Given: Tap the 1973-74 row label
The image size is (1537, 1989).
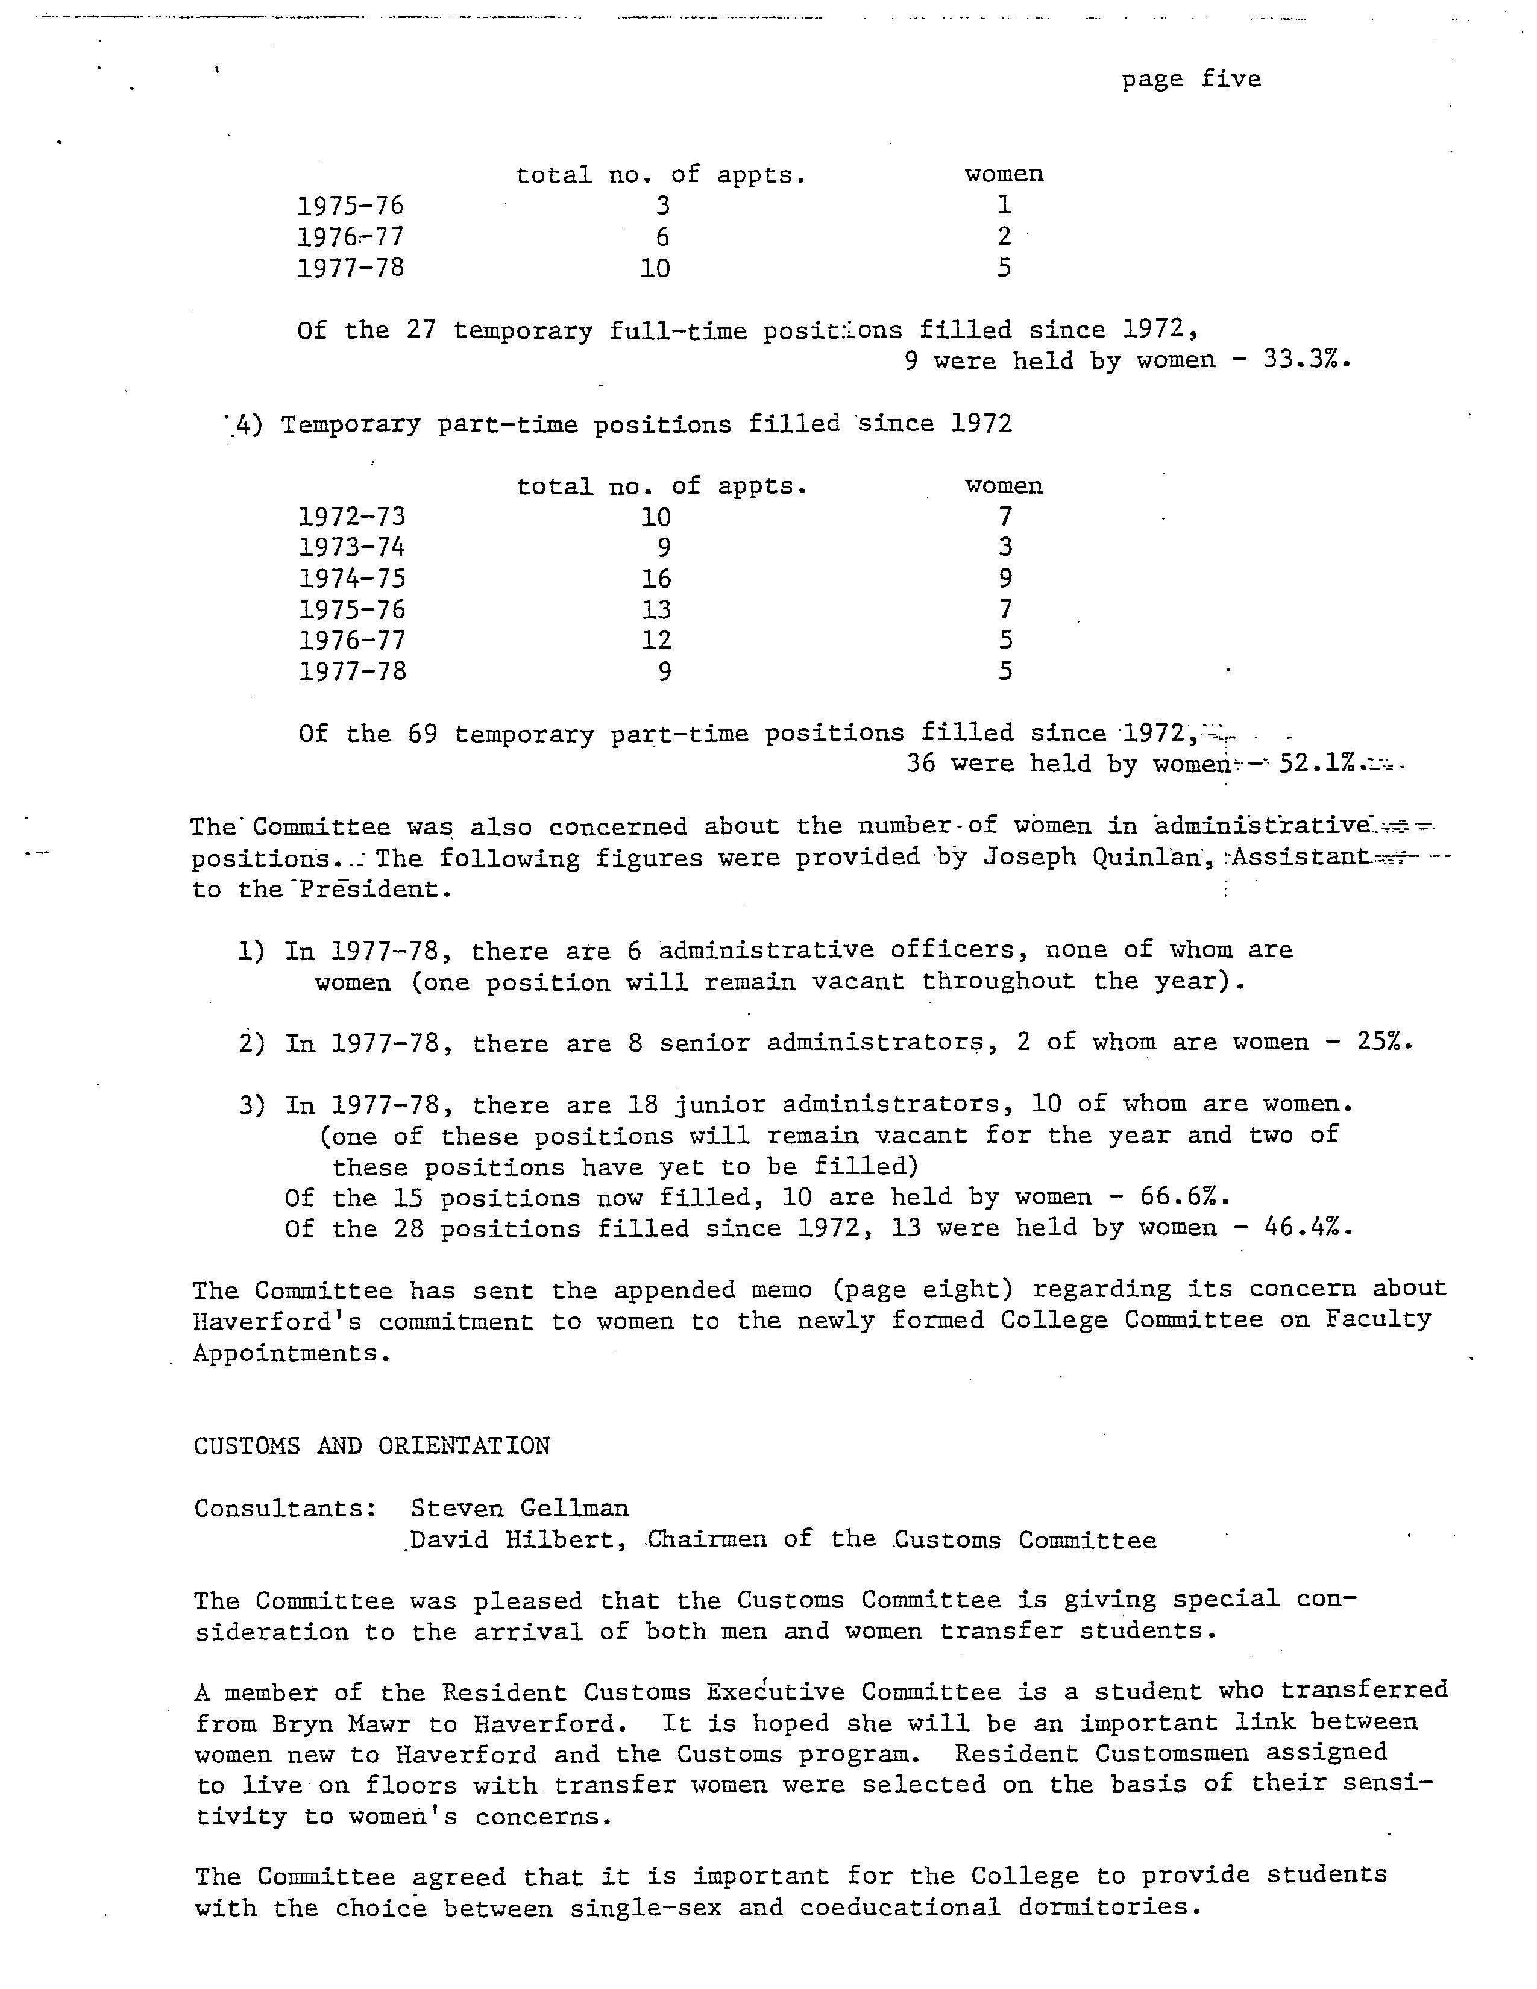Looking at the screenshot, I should [x=351, y=547].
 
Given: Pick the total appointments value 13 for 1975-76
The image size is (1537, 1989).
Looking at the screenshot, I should [x=656, y=610].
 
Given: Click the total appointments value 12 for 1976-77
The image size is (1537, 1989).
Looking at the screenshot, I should [x=656, y=640].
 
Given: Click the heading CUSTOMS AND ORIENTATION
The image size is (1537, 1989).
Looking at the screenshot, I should [x=371, y=1446].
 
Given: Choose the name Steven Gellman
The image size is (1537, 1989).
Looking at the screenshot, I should [x=519, y=1508].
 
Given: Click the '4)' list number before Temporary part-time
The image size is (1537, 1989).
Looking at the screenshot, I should [x=248, y=426].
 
